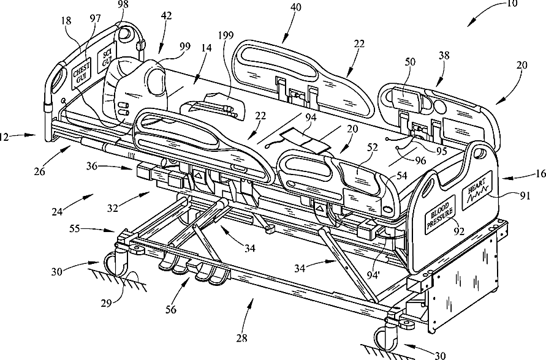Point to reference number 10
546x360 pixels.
click(x=512, y=4)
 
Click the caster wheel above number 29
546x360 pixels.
click(x=116, y=264)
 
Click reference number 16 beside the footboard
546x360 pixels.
click(x=537, y=174)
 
